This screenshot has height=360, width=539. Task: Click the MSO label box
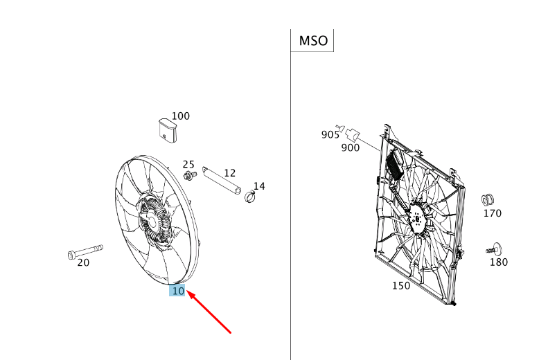pos(312,40)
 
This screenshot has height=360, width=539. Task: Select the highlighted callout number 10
pos(178,291)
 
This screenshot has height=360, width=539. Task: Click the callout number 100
pos(180,116)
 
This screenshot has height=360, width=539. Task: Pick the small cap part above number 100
pos(166,131)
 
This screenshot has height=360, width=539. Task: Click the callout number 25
pos(188,164)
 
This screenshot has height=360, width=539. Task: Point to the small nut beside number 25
pos(189,176)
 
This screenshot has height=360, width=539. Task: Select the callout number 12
pos(229,172)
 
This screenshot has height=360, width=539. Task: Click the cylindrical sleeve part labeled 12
pos(221,179)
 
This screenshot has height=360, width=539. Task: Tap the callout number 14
pos(258,186)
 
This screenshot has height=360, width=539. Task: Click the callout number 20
pos(83,262)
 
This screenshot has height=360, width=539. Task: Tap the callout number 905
pos(330,134)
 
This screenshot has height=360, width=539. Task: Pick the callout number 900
pos(350,147)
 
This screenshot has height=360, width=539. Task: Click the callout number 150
pos(400,285)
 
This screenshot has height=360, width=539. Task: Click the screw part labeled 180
pos(493,247)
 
